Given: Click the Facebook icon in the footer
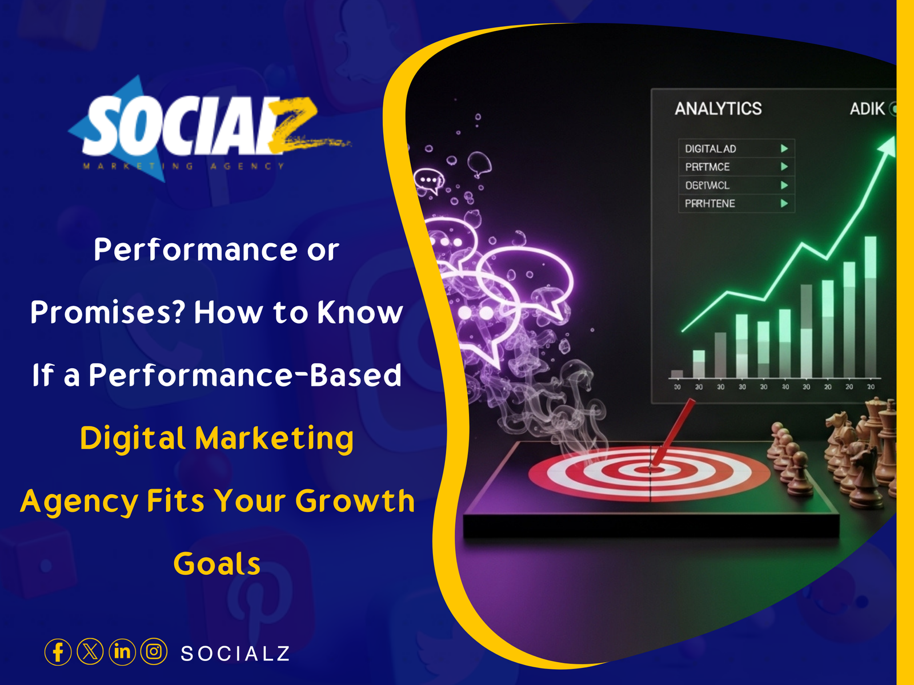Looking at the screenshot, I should (x=58, y=652).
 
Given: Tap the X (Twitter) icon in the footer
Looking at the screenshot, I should (x=90, y=652).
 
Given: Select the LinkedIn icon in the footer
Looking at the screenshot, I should (x=122, y=652).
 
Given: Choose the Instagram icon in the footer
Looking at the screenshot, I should (x=154, y=652).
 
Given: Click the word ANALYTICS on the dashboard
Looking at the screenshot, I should (x=718, y=108).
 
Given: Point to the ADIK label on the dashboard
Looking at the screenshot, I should (x=867, y=108).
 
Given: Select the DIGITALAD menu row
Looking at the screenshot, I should (x=711, y=149).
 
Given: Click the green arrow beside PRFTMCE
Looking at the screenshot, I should (x=784, y=167).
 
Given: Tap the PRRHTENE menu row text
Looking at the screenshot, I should (x=710, y=203).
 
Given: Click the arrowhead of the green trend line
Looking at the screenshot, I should (x=888, y=145).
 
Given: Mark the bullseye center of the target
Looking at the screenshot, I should (x=652, y=469).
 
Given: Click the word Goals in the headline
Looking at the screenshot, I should (x=217, y=564).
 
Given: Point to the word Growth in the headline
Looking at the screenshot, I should (x=355, y=501).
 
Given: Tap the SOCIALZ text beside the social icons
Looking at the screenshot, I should (x=235, y=654).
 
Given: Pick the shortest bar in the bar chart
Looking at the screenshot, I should (x=677, y=374).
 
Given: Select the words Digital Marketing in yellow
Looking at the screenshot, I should (x=217, y=438).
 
